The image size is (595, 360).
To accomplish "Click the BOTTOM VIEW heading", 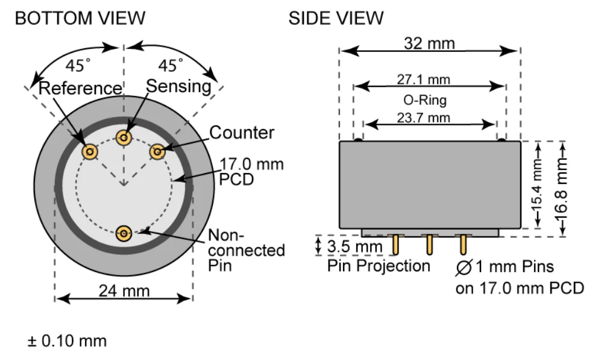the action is click(80, 18).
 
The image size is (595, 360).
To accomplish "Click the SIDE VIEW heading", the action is click(336, 18).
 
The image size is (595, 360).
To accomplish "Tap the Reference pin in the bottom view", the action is click(90, 152).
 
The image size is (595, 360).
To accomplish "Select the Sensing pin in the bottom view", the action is click(124, 137).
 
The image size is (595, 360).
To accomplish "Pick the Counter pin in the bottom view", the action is click(157, 152).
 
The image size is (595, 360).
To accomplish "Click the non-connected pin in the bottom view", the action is click(124, 233).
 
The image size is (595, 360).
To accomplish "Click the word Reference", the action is click(80, 88).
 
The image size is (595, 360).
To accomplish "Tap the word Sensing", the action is click(178, 87).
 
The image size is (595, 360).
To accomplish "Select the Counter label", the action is click(242, 133).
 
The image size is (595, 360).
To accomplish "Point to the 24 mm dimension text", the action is click(124, 291).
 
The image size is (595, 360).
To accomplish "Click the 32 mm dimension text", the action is click(429, 43).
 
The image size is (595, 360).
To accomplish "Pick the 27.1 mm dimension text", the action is click(423, 80).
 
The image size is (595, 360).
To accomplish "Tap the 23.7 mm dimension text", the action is click(423, 118).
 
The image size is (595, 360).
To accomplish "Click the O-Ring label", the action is click(424, 100).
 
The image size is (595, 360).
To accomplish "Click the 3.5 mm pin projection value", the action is click(354, 247).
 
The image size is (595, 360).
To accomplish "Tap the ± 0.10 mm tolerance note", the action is click(67, 341).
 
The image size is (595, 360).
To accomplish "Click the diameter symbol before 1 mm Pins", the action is click(464, 267).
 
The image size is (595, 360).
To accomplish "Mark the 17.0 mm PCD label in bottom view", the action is click(251, 172).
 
